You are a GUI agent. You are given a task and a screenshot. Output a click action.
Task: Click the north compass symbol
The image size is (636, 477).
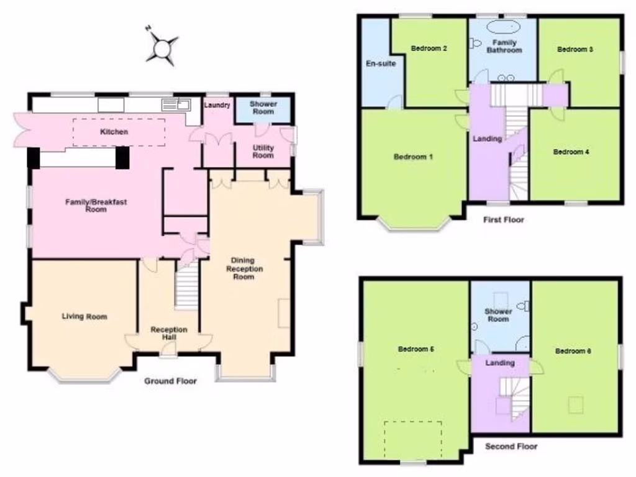162,47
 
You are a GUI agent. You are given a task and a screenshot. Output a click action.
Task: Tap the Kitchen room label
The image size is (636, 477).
114,132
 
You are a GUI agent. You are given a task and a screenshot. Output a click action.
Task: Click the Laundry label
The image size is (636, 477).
217,106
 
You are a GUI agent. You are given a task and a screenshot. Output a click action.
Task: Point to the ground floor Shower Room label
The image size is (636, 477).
263,107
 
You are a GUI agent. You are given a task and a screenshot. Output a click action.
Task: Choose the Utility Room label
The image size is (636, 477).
263,152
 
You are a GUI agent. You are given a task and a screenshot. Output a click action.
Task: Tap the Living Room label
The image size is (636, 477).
84,317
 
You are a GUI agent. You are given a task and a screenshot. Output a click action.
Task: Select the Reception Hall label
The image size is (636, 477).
169,333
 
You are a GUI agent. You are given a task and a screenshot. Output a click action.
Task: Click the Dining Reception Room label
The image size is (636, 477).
244,268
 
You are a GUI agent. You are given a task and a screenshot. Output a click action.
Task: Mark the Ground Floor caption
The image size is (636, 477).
171,381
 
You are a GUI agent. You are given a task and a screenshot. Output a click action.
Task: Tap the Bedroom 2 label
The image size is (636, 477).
429,48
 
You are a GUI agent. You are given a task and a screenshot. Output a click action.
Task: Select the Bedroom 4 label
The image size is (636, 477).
571,152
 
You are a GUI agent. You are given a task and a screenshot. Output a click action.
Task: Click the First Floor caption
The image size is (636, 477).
504,219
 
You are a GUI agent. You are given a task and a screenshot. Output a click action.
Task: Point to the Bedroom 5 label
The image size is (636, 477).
416,349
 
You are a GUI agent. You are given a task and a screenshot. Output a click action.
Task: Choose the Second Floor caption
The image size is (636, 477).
511,446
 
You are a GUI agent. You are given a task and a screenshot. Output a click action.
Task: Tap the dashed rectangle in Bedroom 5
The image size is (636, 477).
412,440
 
